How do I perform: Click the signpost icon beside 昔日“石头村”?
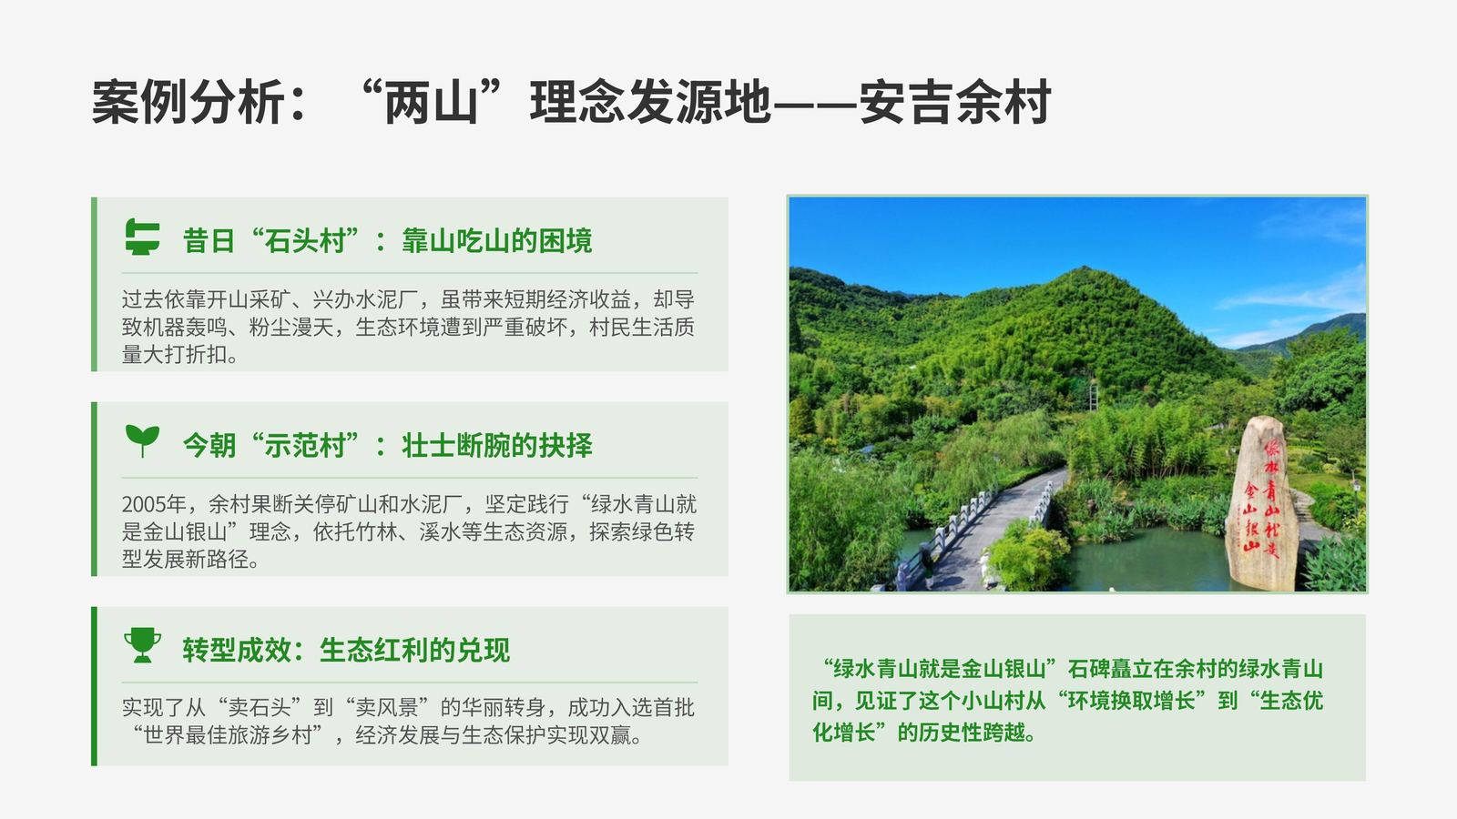click(x=142, y=237)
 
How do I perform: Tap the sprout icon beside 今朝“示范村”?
click(x=142, y=440)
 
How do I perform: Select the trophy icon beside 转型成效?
click(x=142, y=645)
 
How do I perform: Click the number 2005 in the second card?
click(x=143, y=504)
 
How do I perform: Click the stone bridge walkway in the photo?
click(x=989, y=530)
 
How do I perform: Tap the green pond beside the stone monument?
click(x=1151, y=558)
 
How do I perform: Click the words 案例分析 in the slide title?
click(x=188, y=102)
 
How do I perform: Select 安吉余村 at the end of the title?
click(x=954, y=102)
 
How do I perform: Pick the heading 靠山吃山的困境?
click(x=497, y=240)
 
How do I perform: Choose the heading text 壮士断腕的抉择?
click(x=497, y=445)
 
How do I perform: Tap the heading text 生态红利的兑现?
click(x=414, y=650)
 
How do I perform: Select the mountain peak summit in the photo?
click(x=1083, y=269)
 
